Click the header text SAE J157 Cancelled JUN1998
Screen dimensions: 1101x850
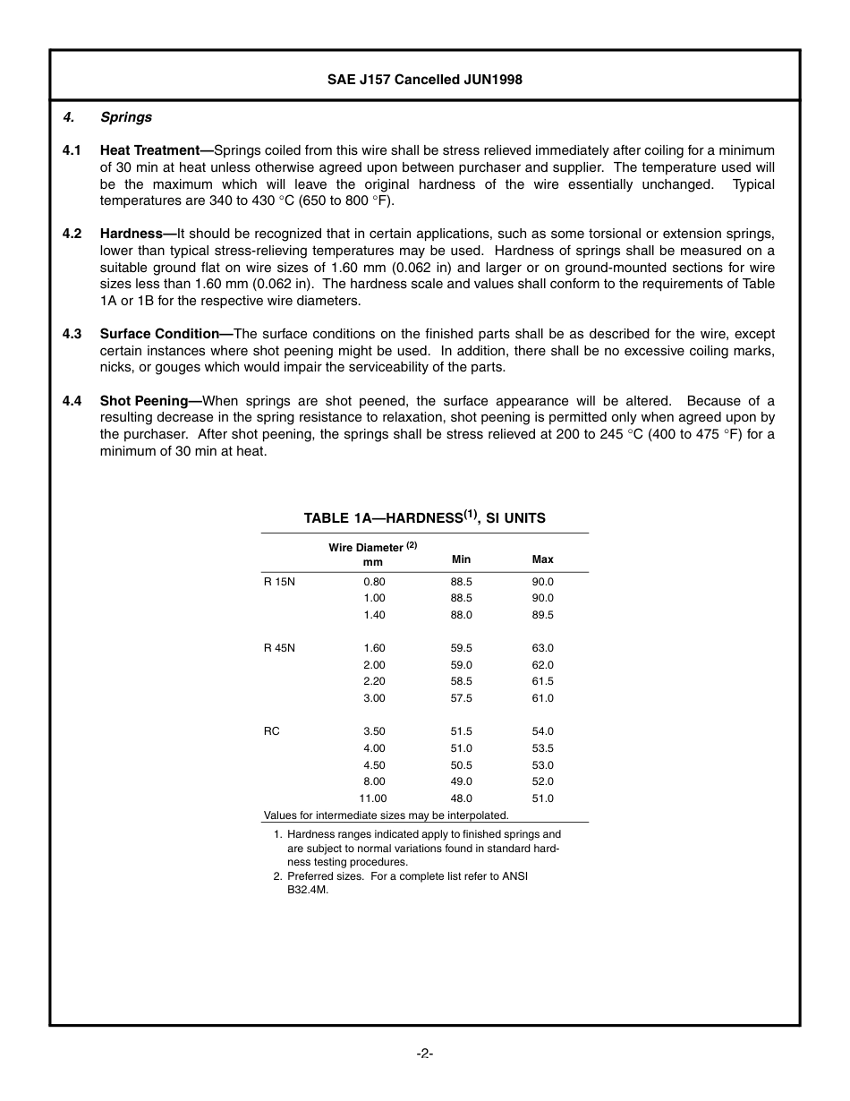click(x=424, y=80)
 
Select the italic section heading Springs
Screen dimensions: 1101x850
click(x=126, y=117)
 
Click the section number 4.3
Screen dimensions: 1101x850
click(x=72, y=334)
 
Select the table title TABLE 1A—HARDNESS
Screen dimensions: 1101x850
click(x=424, y=518)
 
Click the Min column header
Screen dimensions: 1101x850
click(x=461, y=559)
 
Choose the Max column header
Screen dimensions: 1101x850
click(x=542, y=559)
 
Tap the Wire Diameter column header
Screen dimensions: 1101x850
click(x=372, y=548)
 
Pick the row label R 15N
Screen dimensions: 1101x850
click(x=279, y=582)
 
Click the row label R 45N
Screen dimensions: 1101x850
click(x=279, y=648)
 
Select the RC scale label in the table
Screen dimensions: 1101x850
click(x=271, y=731)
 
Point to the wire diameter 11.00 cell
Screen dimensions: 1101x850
click(x=373, y=798)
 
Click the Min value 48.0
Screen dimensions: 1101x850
click(x=461, y=798)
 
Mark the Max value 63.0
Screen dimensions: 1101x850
click(x=542, y=648)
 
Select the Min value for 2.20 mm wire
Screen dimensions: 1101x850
click(x=461, y=681)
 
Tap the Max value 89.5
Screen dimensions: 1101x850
click(x=542, y=615)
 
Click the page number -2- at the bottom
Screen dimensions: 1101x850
click(x=424, y=1054)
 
